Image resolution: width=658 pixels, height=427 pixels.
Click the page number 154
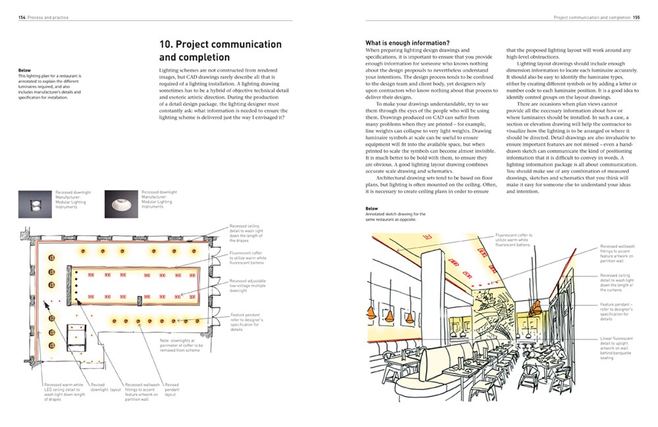pyautogui.click(x=22, y=18)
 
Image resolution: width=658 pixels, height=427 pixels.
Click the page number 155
pyautogui.click(x=636, y=18)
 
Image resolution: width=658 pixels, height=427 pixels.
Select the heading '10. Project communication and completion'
pyautogui.click(x=220, y=51)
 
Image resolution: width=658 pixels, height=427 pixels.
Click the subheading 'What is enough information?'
pyautogui.click(x=407, y=43)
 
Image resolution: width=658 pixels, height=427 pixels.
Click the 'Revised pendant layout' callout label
pyautogui.click(x=172, y=389)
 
